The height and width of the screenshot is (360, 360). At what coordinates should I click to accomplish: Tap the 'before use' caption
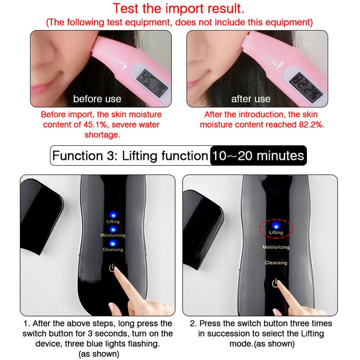pyautogui.click(x=97, y=99)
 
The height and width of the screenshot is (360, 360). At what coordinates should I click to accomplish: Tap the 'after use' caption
pyautogui.click(x=251, y=99)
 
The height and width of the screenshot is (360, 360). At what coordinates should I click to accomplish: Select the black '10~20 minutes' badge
pyautogui.click(x=258, y=156)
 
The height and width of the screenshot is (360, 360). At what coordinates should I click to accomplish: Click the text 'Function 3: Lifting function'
pyautogui.click(x=130, y=156)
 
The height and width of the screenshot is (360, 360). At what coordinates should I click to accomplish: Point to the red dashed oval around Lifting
pyautogui.click(x=276, y=229)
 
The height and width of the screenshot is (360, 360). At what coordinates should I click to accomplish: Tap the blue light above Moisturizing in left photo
pyautogui.click(x=112, y=229)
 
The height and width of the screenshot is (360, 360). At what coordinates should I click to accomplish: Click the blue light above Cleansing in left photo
pyautogui.click(x=112, y=243)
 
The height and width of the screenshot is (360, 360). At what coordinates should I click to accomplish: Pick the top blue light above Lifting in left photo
pyautogui.click(x=112, y=215)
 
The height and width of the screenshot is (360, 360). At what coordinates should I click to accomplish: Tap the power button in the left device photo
pyautogui.click(x=112, y=268)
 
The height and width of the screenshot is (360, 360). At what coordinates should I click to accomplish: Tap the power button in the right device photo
pyautogui.click(x=275, y=283)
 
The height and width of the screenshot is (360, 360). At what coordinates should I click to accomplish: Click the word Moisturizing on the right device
pyautogui.click(x=276, y=247)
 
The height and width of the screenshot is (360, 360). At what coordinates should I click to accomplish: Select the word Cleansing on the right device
pyautogui.click(x=276, y=263)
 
